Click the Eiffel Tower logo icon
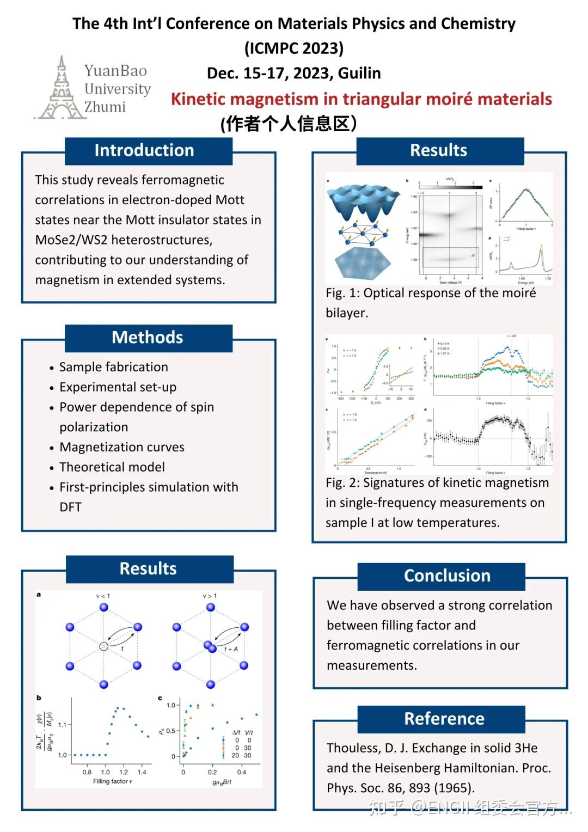pos(60,89)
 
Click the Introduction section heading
pos(144,150)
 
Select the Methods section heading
pos(147,337)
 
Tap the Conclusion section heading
pos(447,576)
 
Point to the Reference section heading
pos(444,719)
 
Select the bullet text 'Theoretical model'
pos(112,467)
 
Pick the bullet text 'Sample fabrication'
pos(113,367)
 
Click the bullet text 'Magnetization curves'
pos(122,447)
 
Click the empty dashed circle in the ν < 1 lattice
pos(103,646)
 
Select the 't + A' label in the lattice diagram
pos(231,649)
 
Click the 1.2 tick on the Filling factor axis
pos(124,772)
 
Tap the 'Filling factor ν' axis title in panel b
pos(113,781)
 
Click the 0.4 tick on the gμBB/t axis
pos(241,772)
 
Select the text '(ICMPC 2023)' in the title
pos(294,48)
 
